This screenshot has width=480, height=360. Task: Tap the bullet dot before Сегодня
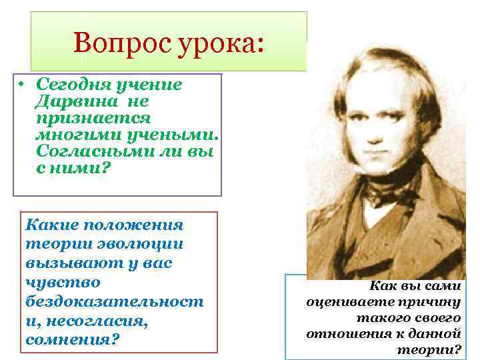tap(22, 85)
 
